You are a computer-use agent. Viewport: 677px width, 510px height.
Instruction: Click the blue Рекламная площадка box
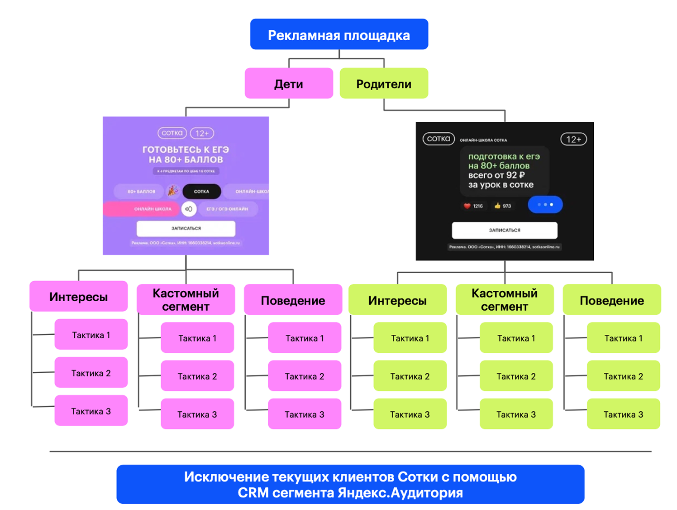tap(339, 34)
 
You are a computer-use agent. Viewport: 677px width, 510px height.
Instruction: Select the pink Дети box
tap(289, 83)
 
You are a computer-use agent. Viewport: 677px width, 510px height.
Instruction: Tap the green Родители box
tap(384, 83)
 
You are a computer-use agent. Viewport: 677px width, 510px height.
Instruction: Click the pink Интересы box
tap(78, 297)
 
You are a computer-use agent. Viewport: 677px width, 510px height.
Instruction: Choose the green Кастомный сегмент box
tap(505, 300)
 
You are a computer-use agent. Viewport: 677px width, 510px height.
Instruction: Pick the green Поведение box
tap(612, 300)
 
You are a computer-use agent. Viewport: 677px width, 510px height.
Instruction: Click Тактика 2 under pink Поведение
tap(305, 376)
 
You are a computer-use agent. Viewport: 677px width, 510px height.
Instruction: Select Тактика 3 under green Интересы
tap(410, 414)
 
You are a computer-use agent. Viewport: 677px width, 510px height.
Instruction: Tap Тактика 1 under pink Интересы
tap(91, 335)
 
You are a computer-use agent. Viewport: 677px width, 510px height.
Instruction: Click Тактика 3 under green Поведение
tap(623, 414)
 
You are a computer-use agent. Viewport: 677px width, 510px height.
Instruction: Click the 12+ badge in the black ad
tap(573, 139)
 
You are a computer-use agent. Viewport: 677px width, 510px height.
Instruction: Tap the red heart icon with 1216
tap(467, 206)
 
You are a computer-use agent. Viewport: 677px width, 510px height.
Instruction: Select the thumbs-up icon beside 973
tap(497, 206)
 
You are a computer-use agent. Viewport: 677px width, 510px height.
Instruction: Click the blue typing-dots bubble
tap(545, 205)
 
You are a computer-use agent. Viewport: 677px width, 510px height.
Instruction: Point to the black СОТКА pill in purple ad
tap(202, 192)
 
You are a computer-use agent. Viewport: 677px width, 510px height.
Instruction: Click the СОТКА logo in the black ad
tap(439, 139)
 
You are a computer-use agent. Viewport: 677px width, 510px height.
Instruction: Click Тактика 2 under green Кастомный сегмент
tap(516, 376)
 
